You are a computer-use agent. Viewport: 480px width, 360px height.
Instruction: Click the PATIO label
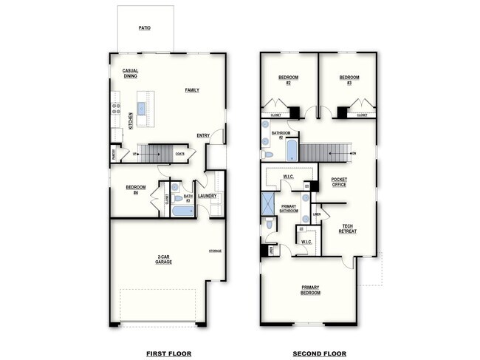[145, 27]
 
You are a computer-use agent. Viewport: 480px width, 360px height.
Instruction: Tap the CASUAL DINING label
[131, 73]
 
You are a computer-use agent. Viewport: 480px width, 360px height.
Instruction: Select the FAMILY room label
[192, 90]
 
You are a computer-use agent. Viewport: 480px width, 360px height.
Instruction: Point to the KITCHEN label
[131, 120]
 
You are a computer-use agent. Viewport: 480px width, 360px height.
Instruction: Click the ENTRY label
[203, 135]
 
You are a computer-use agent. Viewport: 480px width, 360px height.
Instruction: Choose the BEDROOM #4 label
[136, 189]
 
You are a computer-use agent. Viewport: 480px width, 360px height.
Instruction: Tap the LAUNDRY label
[207, 196]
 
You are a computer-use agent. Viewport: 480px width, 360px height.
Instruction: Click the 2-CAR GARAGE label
[164, 259]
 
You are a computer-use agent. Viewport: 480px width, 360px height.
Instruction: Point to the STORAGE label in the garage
[215, 251]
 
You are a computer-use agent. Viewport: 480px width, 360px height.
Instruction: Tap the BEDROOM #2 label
[288, 80]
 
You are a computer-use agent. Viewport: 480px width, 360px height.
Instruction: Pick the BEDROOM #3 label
[349, 80]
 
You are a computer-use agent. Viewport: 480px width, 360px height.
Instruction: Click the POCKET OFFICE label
[339, 182]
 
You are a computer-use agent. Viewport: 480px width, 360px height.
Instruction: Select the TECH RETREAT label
[347, 229]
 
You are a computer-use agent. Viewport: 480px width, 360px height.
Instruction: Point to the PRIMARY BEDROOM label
[310, 290]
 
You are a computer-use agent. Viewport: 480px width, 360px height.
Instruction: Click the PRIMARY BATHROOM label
[289, 208]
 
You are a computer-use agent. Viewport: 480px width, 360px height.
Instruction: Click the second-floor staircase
[324, 152]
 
